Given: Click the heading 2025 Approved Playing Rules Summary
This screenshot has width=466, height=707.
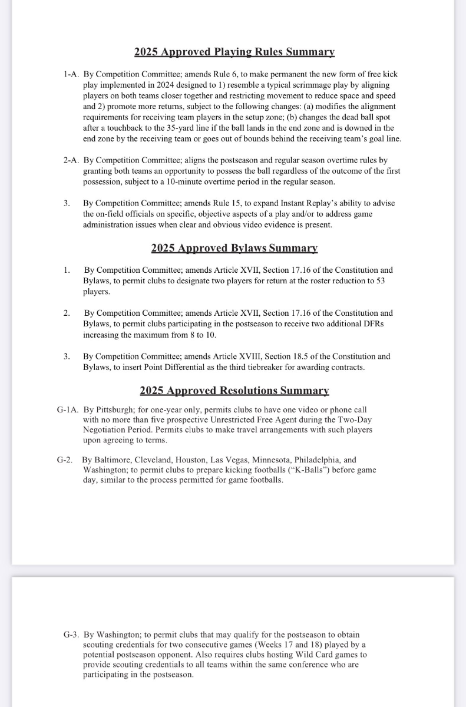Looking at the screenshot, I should [234, 52].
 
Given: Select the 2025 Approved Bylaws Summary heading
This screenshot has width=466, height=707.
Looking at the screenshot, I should [234, 248].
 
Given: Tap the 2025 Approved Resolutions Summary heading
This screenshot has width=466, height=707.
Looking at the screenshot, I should [234, 390].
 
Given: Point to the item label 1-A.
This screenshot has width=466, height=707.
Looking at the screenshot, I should [71, 75].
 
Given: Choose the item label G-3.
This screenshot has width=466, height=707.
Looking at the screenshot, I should [71, 635].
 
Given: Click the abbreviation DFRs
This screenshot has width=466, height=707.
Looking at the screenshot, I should [371, 324].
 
